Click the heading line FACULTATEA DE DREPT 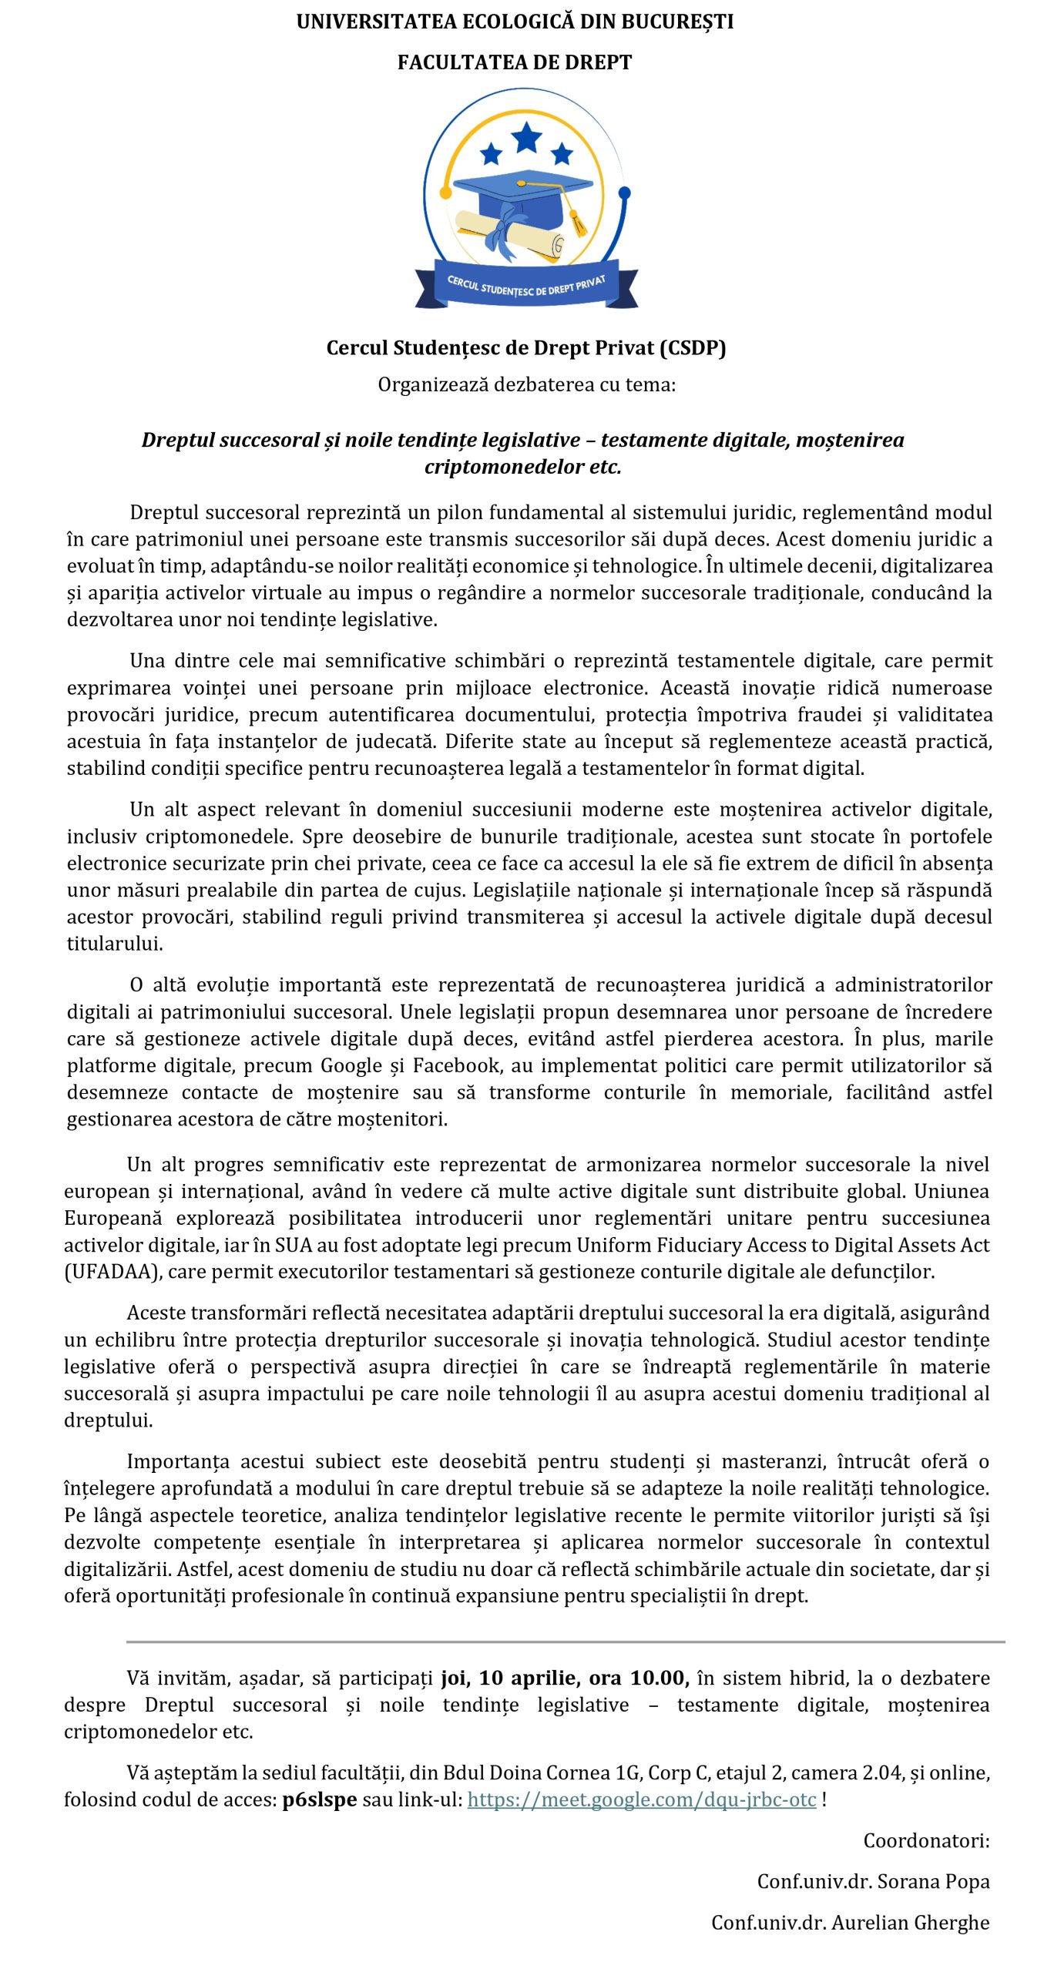click(515, 62)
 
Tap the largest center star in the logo click(526, 137)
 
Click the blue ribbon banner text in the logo click(526, 286)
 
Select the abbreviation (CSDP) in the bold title click(693, 348)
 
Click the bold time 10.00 click(660, 1679)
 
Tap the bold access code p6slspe click(320, 1800)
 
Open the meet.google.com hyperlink click(642, 1800)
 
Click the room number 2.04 click(882, 1773)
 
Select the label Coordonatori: click(926, 1841)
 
